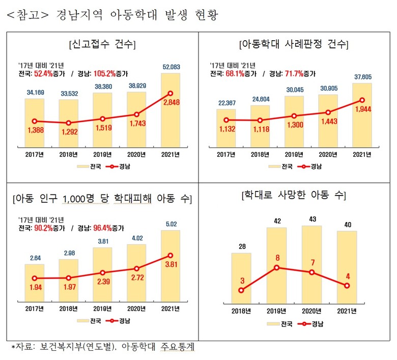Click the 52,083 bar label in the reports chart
pos(171,67)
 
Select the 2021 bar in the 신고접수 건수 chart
pos(171,109)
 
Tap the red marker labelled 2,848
pos(171,93)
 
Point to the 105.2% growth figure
pos(104,73)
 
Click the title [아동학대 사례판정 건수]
pos(294,44)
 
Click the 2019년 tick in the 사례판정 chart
pos(294,154)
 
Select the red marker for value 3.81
pos(171,255)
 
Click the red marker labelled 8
pos(276,267)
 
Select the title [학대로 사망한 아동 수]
pos(294,195)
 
